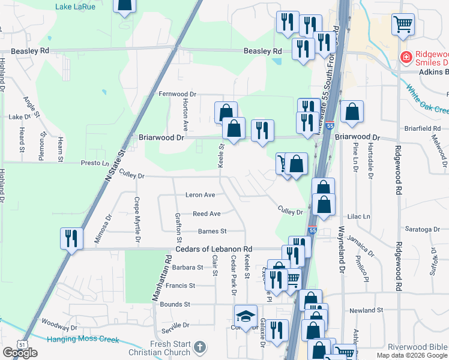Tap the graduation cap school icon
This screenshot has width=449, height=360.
[246, 316]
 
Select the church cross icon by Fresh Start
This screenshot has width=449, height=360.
[200, 347]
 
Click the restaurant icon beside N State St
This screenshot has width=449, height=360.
[71, 239]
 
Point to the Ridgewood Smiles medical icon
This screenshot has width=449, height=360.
[406, 58]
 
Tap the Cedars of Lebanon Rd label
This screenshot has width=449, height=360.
[214, 249]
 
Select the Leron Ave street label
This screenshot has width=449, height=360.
[200, 195]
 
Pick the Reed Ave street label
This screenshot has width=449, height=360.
[206, 214]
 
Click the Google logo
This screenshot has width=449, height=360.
[20, 353]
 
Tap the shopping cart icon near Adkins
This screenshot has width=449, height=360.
[403, 24]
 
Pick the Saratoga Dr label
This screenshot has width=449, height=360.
[421, 229]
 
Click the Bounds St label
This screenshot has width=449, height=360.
[175, 305]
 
